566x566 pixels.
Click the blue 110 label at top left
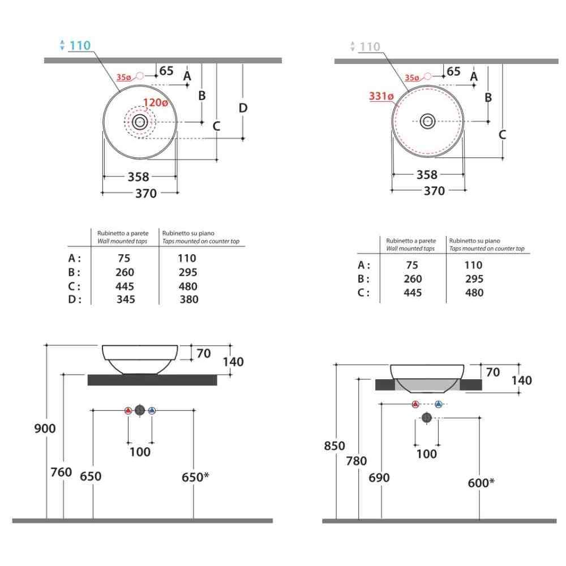80,45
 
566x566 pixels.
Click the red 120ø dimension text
155,103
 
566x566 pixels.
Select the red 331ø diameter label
381,96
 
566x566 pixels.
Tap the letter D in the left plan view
243,108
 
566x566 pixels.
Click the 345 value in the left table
126,299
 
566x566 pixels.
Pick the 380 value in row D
188,299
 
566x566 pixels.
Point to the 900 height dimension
45,428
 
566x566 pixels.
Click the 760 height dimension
61,472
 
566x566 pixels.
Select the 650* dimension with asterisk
195,477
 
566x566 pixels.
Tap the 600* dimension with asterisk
482,482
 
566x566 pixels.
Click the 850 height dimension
335,446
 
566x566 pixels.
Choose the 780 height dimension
357,461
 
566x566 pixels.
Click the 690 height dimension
379,478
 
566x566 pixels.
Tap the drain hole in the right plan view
427,121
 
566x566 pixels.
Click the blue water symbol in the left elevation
152,411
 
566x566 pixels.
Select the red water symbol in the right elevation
415,404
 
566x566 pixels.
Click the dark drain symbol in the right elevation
427,418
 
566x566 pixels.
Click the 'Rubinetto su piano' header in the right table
474,241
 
